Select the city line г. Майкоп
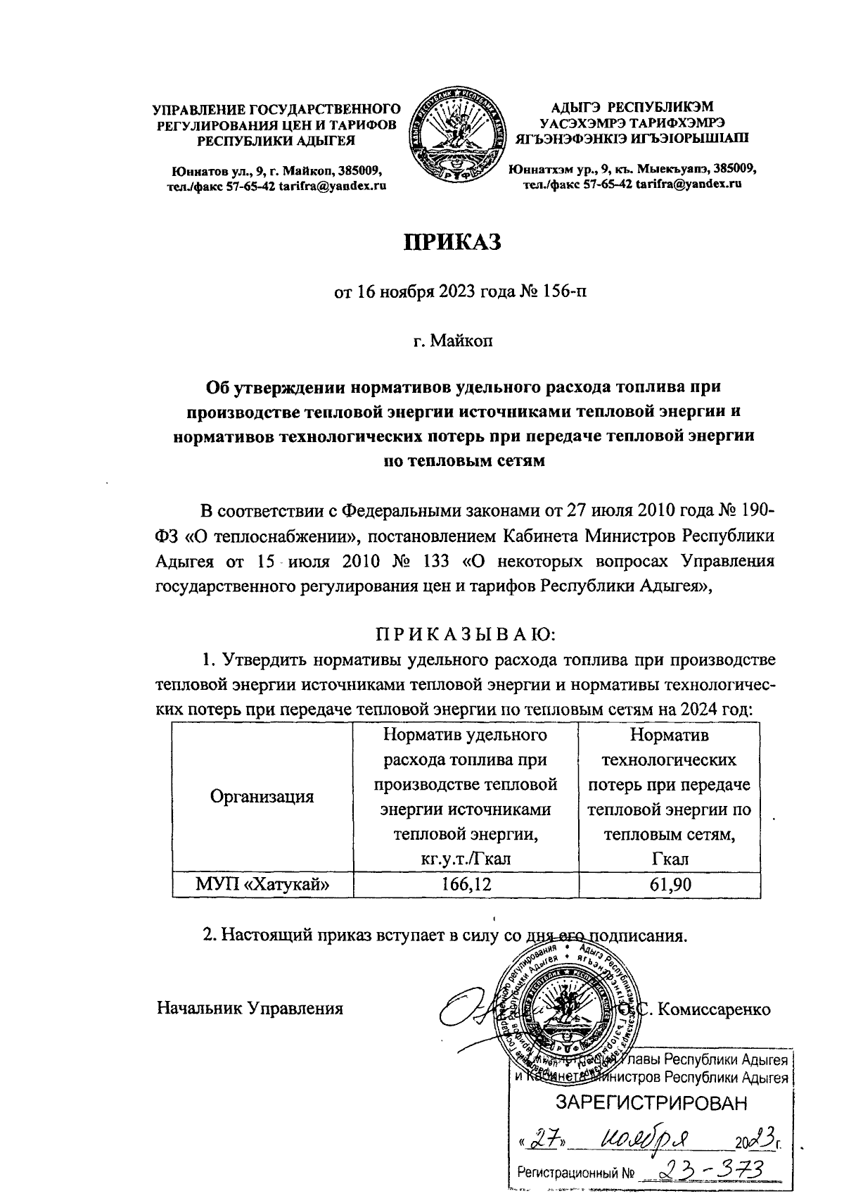coord(453,341)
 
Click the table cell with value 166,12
coord(464,884)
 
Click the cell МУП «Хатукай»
coord(262,884)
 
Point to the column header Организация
coord(262,797)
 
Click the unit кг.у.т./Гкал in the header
coord(464,859)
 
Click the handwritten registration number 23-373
coord(707,1169)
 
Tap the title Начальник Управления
coord(250,1008)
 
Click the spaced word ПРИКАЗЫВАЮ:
coord(465,635)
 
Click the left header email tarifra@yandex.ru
coord(333,185)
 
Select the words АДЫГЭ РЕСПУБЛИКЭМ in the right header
coord(632,108)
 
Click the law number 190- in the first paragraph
coord(753,510)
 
